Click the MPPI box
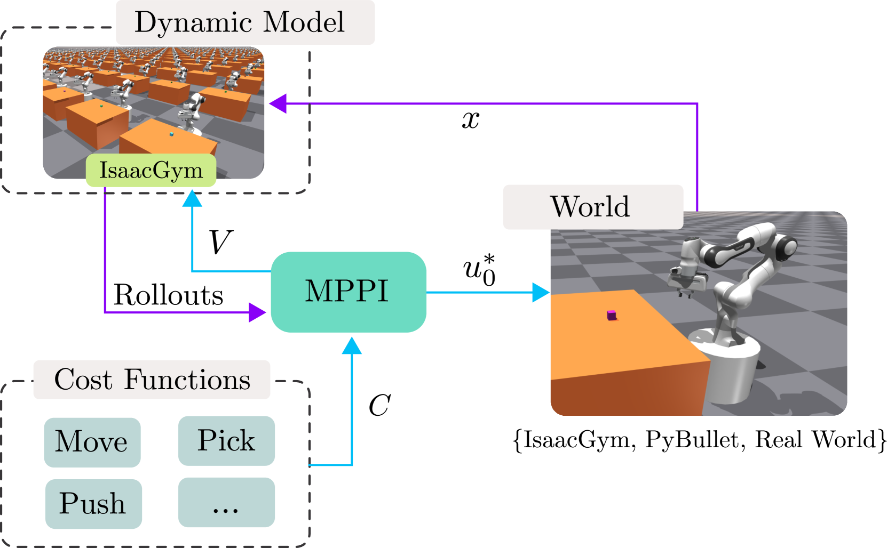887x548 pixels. (349, 292)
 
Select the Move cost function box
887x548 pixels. (92, 442)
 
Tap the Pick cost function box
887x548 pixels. (226, 441)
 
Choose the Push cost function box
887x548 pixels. (93, 504)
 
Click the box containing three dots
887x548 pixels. (226, 502)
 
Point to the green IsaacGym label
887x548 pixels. (151, 171)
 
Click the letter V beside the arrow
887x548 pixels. (220, 242)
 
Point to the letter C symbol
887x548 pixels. (379, 405)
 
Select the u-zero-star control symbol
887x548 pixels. (480, 270)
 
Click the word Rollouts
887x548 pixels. (168, 295)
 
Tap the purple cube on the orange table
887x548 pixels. (612, 315)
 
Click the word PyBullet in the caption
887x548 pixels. (692, 439)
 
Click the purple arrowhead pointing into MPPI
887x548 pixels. (257, 312)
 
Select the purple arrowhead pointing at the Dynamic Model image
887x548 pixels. (278, 103)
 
